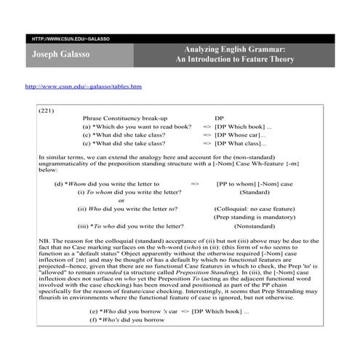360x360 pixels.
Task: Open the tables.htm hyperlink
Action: point(83,86)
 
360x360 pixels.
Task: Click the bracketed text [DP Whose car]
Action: point(240,135)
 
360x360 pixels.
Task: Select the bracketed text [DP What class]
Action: point(241,144)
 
